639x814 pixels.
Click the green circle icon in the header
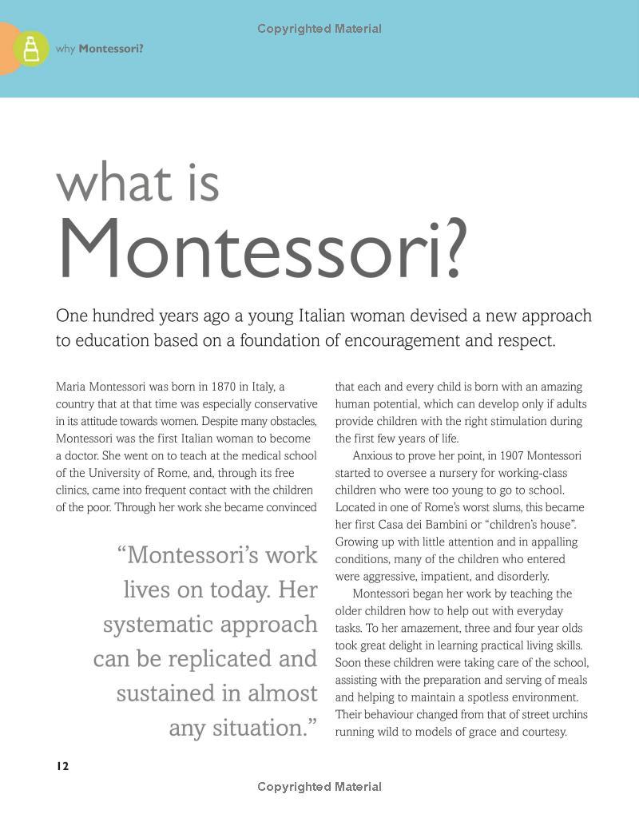31,49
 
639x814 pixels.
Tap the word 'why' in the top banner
65,49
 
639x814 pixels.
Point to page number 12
62,766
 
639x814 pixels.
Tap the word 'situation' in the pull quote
259,728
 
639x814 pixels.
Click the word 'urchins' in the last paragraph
568,714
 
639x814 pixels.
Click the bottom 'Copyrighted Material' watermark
319,787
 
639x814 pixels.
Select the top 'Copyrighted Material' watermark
319,29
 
